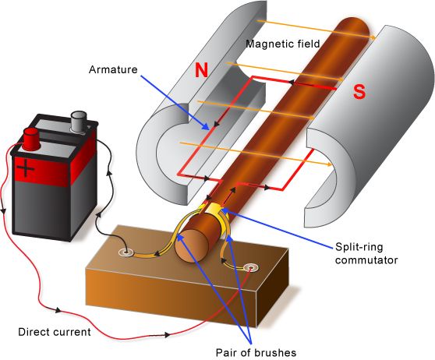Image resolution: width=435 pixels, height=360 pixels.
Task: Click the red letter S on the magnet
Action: point(359,91)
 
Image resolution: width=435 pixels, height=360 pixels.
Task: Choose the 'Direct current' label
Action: point(53,332)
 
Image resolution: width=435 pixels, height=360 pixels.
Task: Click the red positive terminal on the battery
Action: point(31,139)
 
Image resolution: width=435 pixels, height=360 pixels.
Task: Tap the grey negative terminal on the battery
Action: point(79,121)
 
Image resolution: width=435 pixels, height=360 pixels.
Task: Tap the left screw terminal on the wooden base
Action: point(125,252)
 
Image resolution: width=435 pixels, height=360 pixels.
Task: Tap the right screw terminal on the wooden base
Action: point(250,269)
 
